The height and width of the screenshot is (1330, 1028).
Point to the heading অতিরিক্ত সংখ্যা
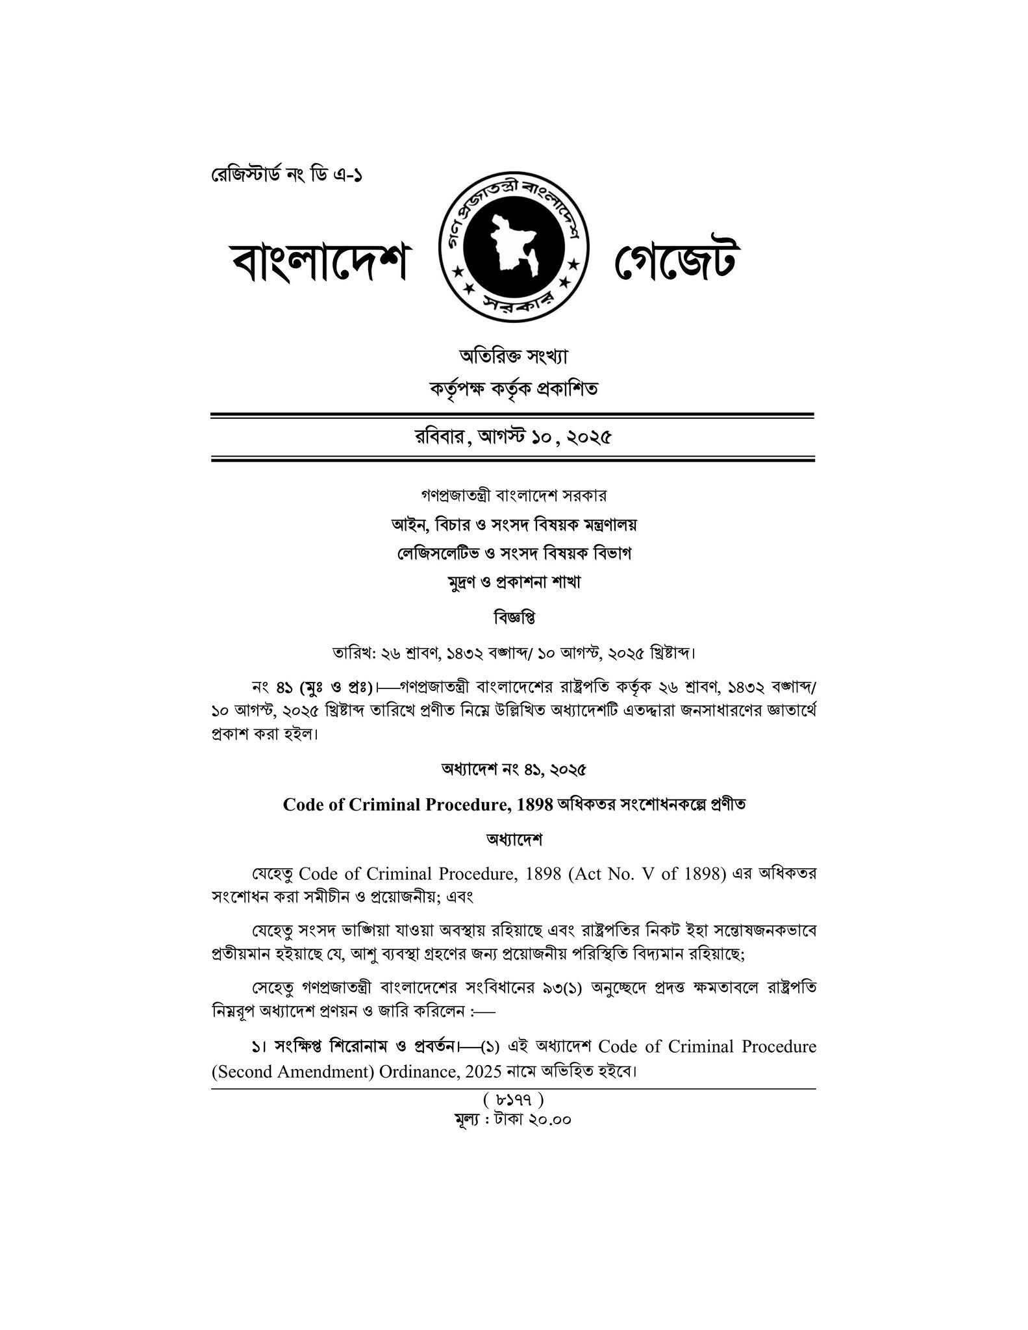tap(513, 356)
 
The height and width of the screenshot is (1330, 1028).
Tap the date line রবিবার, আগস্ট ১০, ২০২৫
tap(513, 438)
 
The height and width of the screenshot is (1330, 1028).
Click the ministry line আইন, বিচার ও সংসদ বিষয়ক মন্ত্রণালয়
tap(513, 524)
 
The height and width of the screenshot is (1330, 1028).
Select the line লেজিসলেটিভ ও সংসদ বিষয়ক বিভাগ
tap(513, 553)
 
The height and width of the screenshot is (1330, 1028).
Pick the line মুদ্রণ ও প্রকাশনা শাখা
tap(513, 582)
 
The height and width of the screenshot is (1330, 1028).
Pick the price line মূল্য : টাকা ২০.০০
tap(513, 1120)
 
